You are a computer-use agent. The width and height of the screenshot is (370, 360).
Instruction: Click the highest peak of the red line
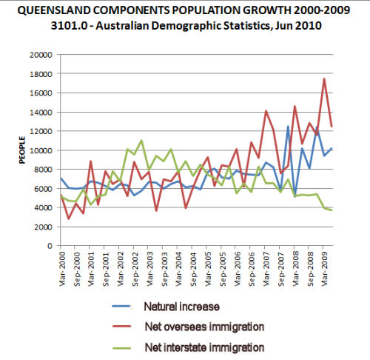point(324,79)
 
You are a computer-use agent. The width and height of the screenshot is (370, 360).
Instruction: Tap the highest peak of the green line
point(141,140)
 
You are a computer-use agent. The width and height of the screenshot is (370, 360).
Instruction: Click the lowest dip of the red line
point(68,219)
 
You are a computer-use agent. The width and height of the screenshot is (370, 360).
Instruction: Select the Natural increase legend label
point(182,307)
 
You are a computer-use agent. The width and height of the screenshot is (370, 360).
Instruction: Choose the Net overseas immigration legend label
point(204,327)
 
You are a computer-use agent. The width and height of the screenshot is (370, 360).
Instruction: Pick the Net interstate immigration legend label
point(204,347)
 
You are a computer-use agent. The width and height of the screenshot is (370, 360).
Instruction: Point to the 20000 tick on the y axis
point(41,55)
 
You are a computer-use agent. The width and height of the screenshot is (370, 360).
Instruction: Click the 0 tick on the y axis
point(50,246)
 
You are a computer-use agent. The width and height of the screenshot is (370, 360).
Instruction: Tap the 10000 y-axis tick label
point(41,150)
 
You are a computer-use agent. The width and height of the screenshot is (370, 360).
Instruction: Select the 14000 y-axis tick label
point(41,113)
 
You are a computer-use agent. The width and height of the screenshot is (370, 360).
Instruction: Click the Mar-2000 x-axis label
point(62,269)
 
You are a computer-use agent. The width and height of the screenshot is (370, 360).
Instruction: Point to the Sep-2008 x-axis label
point(311,269)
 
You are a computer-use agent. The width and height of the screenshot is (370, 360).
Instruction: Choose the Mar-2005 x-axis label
point(208,269)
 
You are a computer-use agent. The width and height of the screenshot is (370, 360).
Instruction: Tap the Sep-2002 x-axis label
point(135,269)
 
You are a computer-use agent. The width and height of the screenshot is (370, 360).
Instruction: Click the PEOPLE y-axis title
point(22,150)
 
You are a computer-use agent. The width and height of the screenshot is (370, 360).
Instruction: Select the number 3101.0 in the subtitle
point(70,25)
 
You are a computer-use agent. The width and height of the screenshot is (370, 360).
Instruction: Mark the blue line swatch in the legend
point(121,307)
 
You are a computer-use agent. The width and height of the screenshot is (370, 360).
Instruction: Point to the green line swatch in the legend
point(121,348)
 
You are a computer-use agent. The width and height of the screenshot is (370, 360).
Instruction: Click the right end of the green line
point(332,210)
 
